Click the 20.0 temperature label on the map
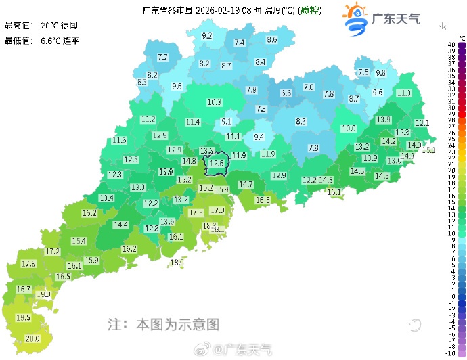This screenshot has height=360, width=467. [32, 338]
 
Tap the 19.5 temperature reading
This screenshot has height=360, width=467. [23, 317]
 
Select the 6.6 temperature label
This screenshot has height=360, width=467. [286, 93]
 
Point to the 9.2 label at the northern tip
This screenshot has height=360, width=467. [207, 36]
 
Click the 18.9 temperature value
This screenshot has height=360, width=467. [177, 262]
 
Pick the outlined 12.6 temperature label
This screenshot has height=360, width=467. [217, 163]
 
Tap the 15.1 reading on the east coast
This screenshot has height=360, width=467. [428, 150]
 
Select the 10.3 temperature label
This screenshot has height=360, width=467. [214, 102]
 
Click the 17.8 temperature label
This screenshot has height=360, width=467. [28, 263]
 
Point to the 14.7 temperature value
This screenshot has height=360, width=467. [245, 184]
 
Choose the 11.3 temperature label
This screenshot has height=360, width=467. [404, 93]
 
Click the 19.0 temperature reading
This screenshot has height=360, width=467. [43, 294]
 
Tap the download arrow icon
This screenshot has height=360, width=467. [442, 26]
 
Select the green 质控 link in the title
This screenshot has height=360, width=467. [311, 10]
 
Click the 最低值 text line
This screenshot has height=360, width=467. [42, 41]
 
